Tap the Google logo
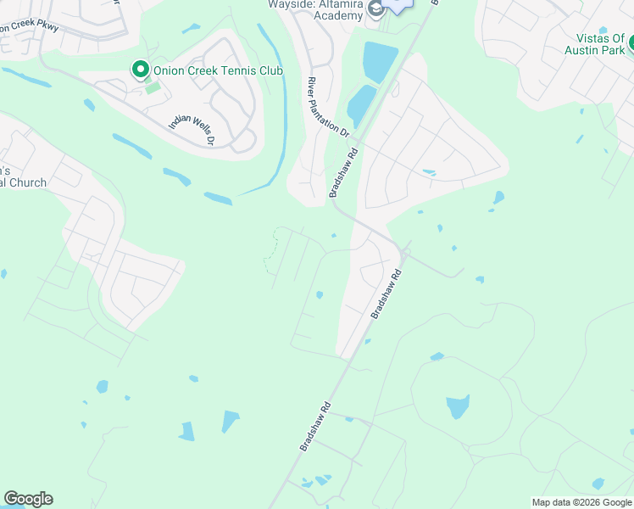coord(28,499)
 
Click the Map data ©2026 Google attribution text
coord(581,502)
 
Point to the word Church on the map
coord(25,182)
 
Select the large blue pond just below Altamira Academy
coord(380,62)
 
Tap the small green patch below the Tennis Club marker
coord(152,87)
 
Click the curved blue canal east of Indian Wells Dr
coord(281,127)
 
